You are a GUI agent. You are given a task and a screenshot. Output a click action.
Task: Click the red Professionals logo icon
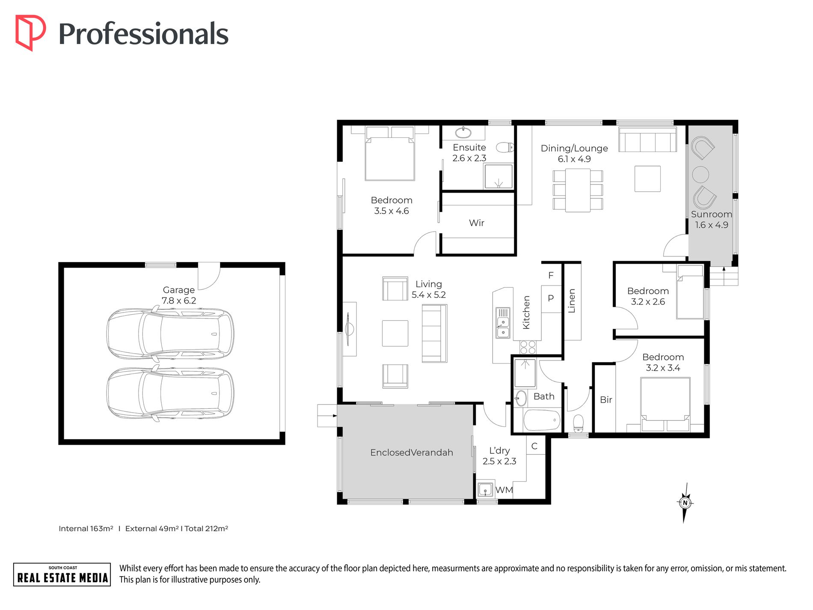[x=30, y=33]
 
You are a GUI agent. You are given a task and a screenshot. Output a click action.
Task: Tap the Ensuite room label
[x=469, y=147]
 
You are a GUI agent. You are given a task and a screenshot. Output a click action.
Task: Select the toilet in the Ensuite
[x=505, y=148]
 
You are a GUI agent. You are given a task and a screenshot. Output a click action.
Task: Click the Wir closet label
[x=477, y=223]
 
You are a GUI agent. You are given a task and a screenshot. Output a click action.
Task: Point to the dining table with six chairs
[x=578, y=190]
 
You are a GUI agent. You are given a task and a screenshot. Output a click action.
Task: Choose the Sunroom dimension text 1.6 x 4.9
[x=712, y=225]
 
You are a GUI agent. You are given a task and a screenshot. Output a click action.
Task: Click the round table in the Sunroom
[x=700, y=174]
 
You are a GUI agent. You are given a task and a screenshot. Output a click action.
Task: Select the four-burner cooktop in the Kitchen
[x=528, y=347]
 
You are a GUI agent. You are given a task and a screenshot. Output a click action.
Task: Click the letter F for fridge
[x=551, y=275]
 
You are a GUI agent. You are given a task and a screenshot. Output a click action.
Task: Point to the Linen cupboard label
[x=572, y=301]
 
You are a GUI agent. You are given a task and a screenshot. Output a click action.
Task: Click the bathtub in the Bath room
[x=542, y=420]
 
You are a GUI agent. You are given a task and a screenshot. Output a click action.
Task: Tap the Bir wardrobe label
[x=606, y=400]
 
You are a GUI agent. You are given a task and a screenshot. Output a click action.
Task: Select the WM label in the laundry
[x=504, y=490]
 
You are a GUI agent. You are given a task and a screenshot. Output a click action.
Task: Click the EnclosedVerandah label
[x=412, y=452]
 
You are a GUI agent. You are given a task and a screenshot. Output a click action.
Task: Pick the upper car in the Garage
[x=170, y=333]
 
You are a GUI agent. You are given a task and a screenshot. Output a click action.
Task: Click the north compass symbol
[x=685, y=503]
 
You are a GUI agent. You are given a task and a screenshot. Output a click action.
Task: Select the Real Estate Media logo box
[x=62, y=574]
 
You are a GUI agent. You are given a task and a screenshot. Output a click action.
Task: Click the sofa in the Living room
[x=434, y=333]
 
